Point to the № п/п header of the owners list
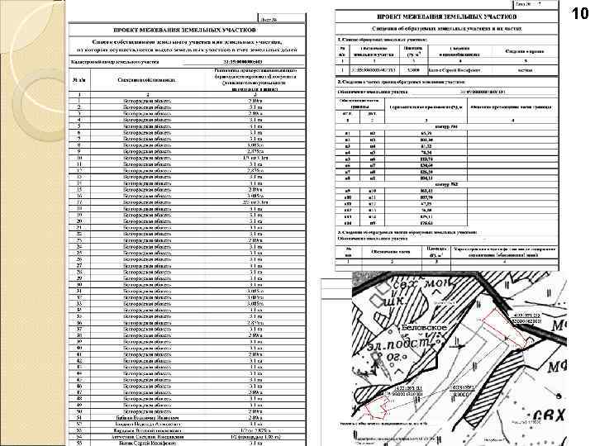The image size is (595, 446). click(x=79, y=80)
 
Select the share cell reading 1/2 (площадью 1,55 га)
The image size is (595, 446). click(x=255, y=438)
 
